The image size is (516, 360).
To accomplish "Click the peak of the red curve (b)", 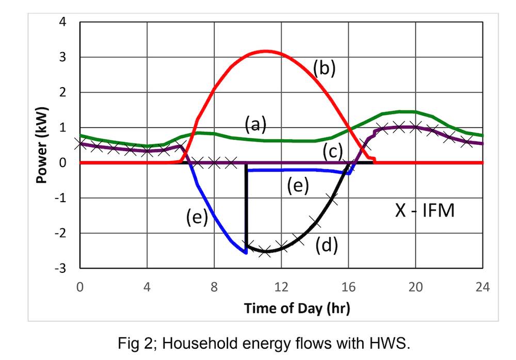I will tap(265, 51).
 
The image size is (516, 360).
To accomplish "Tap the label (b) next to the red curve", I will tap(324, 68).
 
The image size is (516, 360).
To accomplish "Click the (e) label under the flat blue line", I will tap(298, 186).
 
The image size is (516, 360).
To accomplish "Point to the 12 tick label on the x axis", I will tap(281, 287).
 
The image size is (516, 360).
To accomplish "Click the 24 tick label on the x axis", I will tap(482, 287).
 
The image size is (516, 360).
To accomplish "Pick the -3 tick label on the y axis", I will tap(60, 268).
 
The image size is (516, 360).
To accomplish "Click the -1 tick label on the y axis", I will tap(60, 198).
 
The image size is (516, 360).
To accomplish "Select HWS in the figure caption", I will tap(391, 341).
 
